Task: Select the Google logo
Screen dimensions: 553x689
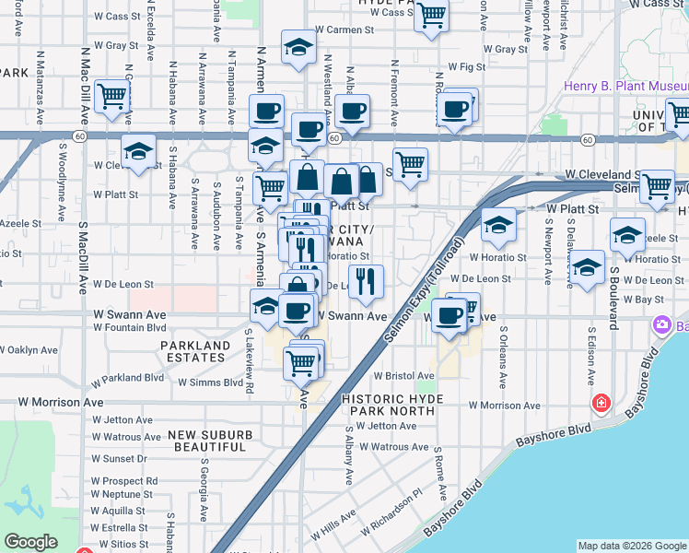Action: click(x=30, y=541)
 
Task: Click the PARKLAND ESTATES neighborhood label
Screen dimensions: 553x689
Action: click(x=194, y=352)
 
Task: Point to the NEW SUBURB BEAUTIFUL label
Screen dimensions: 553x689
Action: click(x=212, y=440)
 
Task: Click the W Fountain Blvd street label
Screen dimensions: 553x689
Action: click(x=130, y=327)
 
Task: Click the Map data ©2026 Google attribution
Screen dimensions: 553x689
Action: click(x=631, y=546)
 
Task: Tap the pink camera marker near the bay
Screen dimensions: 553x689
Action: click(x=660, y=324)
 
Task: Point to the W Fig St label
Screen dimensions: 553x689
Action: click(x=466, y=67)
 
